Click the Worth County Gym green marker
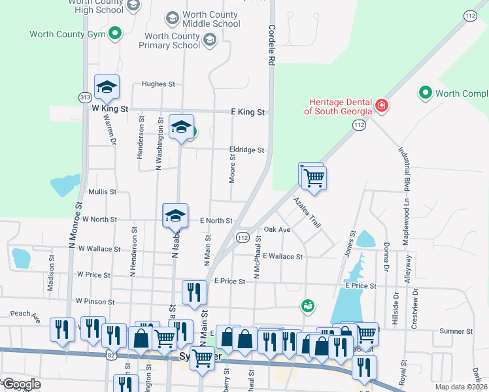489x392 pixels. point(116,33)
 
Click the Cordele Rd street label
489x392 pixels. point(269,45)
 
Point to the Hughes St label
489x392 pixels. point(159,84)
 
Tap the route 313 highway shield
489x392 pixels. point(85,97)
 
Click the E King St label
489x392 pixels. point(248,112)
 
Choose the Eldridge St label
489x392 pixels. point(246,150)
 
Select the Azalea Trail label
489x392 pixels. point(307,212)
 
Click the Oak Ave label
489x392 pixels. point(277,230)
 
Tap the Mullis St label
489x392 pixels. point(102,192)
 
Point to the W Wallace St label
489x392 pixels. point(99,249)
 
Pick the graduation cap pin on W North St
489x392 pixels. point(175,217)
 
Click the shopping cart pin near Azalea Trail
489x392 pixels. point(314,177)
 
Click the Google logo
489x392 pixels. point(22,384)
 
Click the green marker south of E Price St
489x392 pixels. point(306,305)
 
